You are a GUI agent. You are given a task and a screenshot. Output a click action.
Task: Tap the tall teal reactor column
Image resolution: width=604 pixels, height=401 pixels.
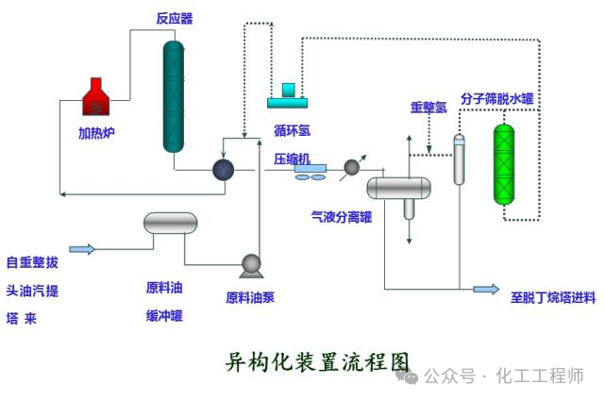click(x=173, y=96)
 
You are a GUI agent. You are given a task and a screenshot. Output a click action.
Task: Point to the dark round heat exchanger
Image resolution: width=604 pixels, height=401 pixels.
click(x=223, y=169)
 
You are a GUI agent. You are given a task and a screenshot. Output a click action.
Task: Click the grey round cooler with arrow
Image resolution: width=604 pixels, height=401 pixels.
click(x=352, y=168)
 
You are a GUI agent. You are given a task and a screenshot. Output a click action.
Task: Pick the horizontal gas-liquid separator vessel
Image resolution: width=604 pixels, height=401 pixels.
click(x=398, y=188)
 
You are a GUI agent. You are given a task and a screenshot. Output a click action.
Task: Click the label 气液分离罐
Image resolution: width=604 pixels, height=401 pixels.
click(x=342, y=216)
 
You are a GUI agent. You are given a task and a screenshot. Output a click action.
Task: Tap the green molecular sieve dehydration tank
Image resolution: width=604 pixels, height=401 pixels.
click(x=506, y=164)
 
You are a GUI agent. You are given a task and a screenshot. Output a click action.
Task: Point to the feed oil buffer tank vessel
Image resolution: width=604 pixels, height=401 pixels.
click(x=171, y=223)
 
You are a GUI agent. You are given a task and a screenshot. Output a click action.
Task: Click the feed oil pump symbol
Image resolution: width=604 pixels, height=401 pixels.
click(x=251, y=266)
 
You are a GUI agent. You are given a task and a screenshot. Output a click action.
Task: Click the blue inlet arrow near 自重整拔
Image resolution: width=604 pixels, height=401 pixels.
click(x=82, y=249)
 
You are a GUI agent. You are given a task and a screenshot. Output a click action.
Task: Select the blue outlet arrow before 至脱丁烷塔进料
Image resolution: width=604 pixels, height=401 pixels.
click(x=486, y=289)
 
